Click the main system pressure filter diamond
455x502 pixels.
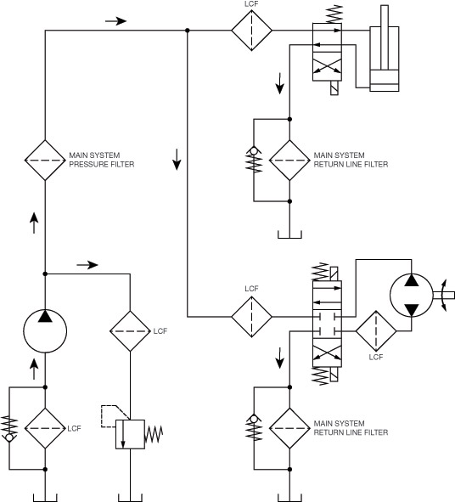pos(45,160)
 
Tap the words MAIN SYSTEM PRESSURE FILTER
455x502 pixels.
pos(101,160)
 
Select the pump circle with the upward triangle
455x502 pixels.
pos(45,331)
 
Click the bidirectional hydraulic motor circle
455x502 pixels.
pos(412,296)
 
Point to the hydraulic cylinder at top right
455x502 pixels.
pos(385,48)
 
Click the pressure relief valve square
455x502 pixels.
pos(130,434)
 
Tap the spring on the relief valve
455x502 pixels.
pos(154,434)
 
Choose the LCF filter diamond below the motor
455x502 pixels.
pos(376,331)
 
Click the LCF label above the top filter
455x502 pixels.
pos(251,4)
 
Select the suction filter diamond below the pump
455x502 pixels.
pos(45,428)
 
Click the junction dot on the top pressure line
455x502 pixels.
pos(188,31)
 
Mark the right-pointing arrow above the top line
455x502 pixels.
pos(115,21)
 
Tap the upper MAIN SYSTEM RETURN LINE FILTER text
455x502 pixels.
pos(351,160)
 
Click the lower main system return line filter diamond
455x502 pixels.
pos(289,428)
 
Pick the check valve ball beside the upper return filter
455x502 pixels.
pos(254,150)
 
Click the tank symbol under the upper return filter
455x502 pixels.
pos(289,234)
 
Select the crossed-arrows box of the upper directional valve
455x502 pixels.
pos(327,66)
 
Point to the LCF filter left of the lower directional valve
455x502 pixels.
pos(251,317)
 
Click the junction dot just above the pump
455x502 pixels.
pos(45,274)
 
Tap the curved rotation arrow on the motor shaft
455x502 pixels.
pos(445,296)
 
